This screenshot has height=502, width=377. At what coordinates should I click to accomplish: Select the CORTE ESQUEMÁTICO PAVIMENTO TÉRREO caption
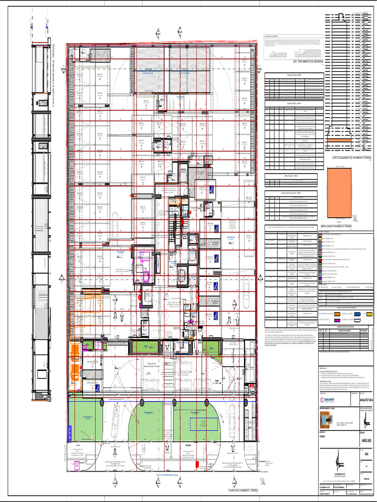click(350, 157)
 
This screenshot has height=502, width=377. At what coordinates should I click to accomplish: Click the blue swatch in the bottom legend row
click(356, 312)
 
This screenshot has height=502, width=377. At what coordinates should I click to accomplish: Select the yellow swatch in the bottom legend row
click(369, 312)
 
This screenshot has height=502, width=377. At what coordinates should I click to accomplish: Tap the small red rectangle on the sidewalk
click(196, 463)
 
